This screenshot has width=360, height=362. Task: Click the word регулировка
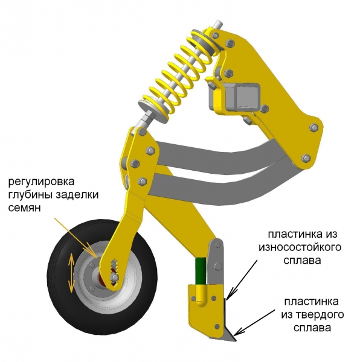point(41,182)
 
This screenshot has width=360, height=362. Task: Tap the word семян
point(25,208)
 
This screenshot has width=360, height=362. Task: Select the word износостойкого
point(300,247)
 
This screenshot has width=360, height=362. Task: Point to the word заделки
point(77,195)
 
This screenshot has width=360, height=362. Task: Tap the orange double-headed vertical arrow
point(71,273)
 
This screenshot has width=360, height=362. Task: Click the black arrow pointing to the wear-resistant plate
point(242,279)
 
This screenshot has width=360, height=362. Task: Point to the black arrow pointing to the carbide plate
point(254,322)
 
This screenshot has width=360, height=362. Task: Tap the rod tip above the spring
point(218,24)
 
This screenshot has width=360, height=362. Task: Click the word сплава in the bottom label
point(312,328)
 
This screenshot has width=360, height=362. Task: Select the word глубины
point(30,195)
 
